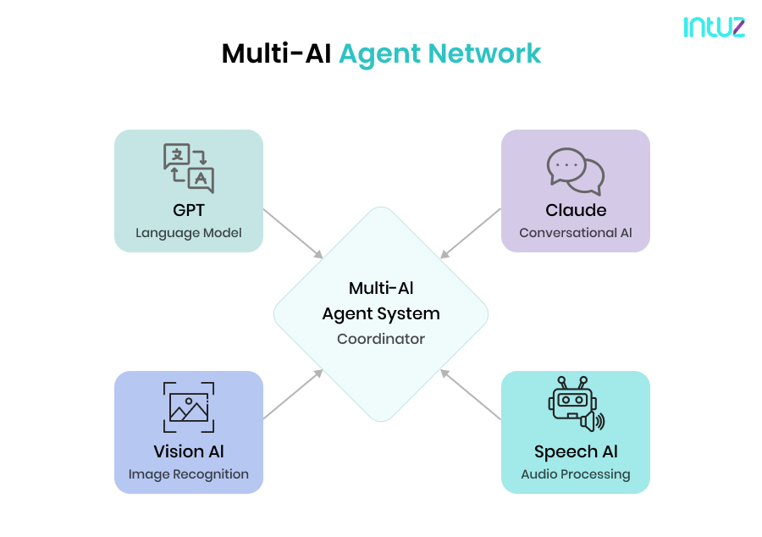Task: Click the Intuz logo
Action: (714, 26)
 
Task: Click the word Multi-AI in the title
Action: (276, 53)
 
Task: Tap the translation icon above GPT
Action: (188, 169)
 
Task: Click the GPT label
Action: (188, 210)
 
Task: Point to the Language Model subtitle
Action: (188, 233)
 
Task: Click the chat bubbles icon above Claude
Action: (575, 170)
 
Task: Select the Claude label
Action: (576, 210)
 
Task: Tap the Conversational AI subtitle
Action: (576, 233)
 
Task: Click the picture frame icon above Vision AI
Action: (188, 407)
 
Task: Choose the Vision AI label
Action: (188, 451)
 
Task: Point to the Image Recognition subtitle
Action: (188, 474)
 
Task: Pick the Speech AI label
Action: (576, 451)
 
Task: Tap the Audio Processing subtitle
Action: (576, 474)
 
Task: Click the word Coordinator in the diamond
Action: (381, 339)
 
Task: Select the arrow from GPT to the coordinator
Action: (293, 234)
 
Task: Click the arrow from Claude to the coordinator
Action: (471, 234)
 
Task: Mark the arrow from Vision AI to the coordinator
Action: (293, 394)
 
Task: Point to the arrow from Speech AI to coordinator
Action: (471, 394)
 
